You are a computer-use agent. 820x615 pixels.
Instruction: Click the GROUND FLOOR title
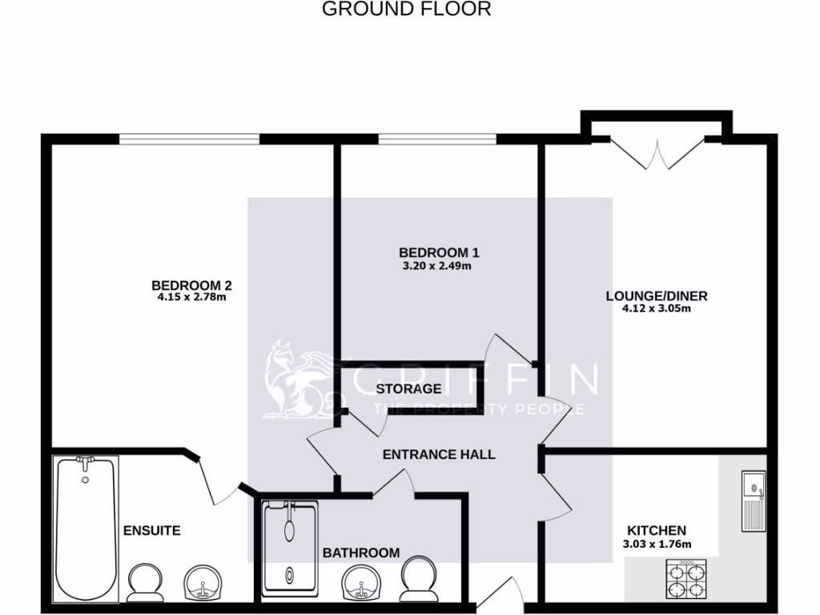point(406,10)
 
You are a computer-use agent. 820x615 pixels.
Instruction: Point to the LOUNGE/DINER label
point(656,295)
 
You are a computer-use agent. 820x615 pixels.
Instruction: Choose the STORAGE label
point(408,389)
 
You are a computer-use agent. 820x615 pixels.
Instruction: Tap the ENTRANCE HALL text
point(439,455)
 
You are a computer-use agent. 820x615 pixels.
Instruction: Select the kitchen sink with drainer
point(753,500)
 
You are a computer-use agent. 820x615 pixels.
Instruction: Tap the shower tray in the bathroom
point(289,549)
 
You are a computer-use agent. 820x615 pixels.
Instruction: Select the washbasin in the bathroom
point(361,584)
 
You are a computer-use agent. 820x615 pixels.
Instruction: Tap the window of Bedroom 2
point(190,139)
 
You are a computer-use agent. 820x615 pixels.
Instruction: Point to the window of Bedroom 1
point(436,139)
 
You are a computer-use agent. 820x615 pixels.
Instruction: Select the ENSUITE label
point(151,530)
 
